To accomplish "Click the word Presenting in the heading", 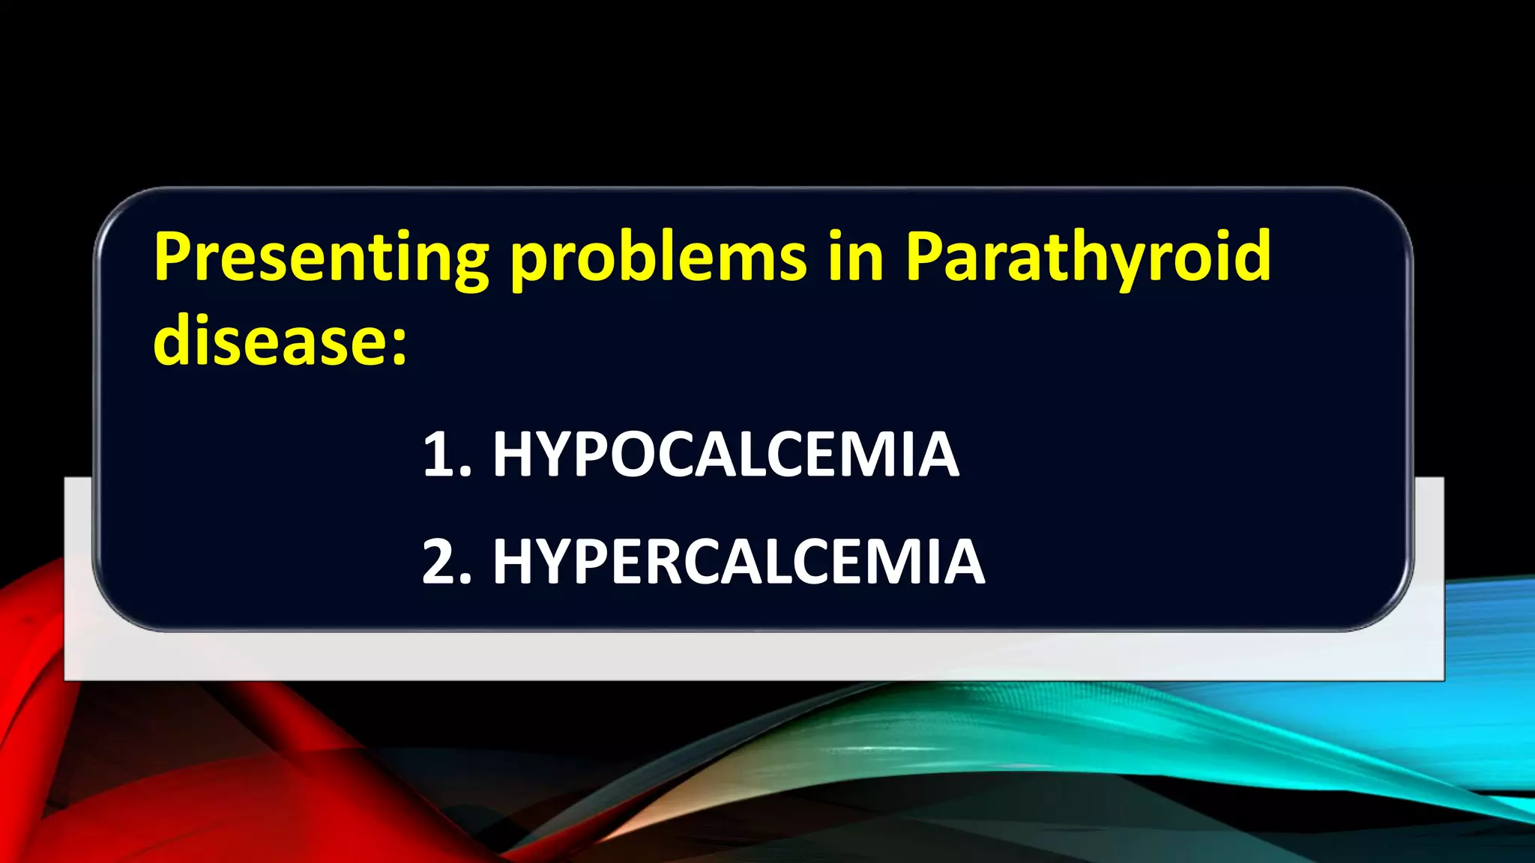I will pos(321,258).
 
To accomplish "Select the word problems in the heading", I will pos(658,258).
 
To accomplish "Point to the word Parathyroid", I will pos(1088,258).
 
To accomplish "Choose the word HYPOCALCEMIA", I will pos(726,455).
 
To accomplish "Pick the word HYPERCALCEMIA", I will pos(738,562).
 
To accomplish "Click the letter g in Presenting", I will pos(468,266).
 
